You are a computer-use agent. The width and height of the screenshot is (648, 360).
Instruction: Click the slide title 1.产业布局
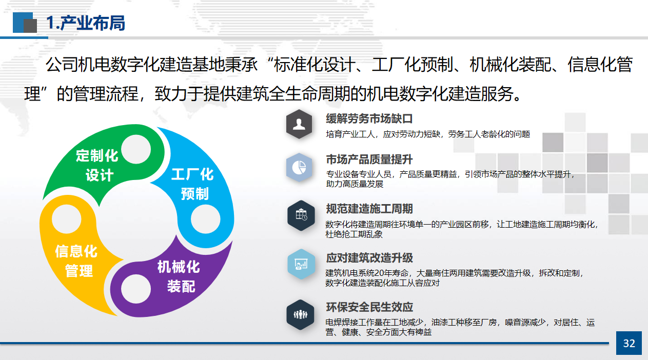(x=86, y=23)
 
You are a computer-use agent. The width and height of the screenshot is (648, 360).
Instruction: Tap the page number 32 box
(x=629, y=343)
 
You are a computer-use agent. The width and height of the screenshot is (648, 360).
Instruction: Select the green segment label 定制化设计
(x=97, y=166)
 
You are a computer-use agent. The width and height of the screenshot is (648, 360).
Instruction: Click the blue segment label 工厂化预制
(x=193, y=184)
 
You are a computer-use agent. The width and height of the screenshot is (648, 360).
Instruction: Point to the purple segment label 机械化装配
(x=179, y=276)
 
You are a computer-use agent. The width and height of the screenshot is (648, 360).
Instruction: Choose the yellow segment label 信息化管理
(x=76, y=261)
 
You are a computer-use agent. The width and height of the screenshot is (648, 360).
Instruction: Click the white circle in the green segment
(x=136, y=149)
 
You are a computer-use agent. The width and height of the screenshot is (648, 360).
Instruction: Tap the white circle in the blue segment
(x=205, y=219)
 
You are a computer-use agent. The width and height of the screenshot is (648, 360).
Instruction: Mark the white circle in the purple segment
(x=136, y=289)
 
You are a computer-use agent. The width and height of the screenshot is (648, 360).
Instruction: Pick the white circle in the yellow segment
(x=67, y=219)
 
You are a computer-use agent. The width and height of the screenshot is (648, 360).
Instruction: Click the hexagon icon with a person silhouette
(x=299, y=124)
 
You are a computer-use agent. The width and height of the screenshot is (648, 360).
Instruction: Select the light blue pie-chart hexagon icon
(x=299, y=167)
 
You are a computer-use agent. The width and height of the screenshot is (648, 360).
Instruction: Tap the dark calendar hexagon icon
(x=301, y=215)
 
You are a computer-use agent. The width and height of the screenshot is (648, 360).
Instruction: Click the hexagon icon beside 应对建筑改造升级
(x=301, y=264)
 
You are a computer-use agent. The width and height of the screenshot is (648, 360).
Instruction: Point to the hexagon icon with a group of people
(x=300, y=314)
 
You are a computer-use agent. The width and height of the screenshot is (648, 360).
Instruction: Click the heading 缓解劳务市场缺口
(x=369, y=119)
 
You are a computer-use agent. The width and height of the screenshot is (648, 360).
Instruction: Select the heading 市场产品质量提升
(x=369, y=159)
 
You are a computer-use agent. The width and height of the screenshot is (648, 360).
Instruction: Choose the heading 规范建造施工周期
(x=369, y=209)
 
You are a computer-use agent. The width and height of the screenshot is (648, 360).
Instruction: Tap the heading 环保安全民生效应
(x=369, y=307)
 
